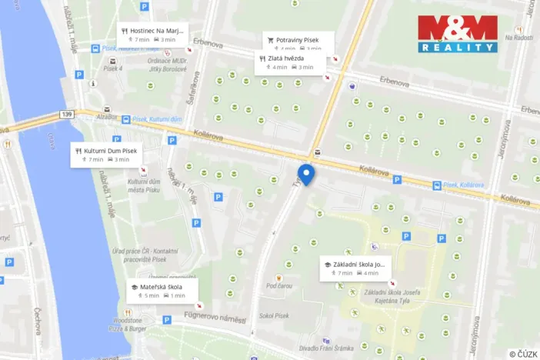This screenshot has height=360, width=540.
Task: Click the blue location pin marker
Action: click(306, 174)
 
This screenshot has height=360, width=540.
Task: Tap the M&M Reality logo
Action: click(458, 34)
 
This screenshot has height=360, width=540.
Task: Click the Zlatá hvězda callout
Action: click(286, 62)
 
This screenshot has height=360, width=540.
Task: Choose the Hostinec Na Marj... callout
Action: click(153, 35)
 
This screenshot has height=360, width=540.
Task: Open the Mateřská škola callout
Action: click(162, 291)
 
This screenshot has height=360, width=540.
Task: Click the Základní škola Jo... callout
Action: click(355, 268)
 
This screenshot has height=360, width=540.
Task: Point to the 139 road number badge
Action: click(66, 114)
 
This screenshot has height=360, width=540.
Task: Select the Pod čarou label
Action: click(278, 285)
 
